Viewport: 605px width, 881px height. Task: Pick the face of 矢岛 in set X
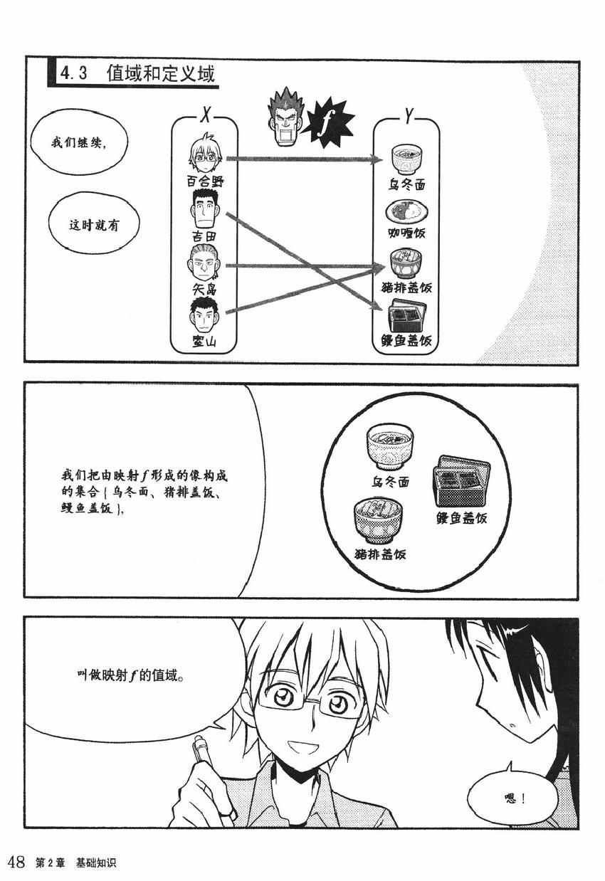(x=204, y=263)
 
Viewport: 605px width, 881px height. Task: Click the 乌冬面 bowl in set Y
(x=406, y=159)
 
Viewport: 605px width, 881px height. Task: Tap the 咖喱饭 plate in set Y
(x=406, y=211)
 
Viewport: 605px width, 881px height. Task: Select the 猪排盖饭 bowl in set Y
(x=406, y=264)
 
